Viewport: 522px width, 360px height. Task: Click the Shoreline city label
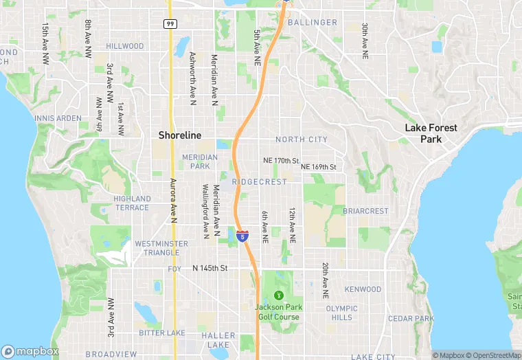(180, 135)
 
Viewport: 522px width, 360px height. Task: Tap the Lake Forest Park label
(431, 133)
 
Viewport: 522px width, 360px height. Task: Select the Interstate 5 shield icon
(242, 236)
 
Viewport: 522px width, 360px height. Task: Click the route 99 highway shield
(169, 23)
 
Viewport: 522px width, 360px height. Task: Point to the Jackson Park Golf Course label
(277, 312)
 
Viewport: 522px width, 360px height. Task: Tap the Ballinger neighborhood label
(313, 23)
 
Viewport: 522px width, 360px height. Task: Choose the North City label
(302, 139)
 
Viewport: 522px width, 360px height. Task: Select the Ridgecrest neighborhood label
(260, 182)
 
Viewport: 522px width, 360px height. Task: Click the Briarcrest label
(365, 211)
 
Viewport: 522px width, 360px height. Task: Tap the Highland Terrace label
(132, 203)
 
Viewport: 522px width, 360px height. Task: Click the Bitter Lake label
(161, 333)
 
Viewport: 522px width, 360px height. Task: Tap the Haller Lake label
(218, 340)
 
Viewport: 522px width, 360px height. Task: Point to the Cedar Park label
(410, 319)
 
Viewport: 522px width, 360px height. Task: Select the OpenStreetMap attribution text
(493, 355)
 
